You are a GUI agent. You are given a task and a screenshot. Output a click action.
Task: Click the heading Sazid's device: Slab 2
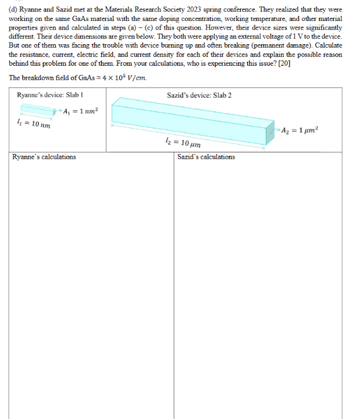(199, 94)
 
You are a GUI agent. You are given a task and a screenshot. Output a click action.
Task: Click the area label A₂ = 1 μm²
(300, 130)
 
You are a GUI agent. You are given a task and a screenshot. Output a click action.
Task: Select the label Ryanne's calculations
(44, 157)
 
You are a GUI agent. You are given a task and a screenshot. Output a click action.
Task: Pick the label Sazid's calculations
(206, 157)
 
